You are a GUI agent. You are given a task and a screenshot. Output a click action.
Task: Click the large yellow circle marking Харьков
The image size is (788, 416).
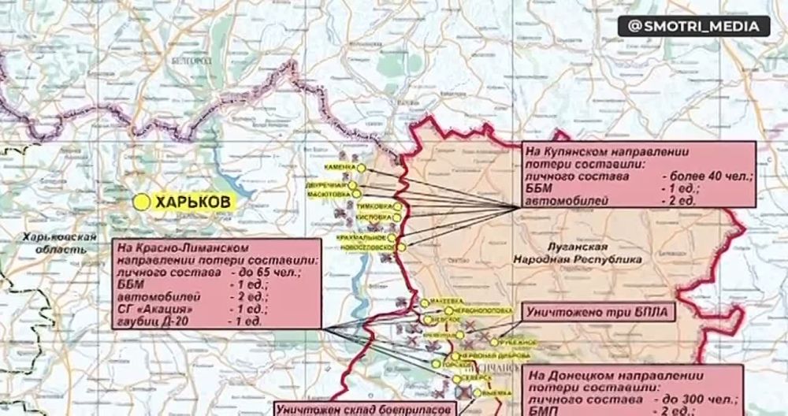pyautogui.click(x=142, y=202)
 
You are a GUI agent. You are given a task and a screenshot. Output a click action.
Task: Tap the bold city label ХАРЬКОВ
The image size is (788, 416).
pyautogui.click(x=194, y=202)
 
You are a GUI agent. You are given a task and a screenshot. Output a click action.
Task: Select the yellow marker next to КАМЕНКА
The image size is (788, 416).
pyautogui.click(x=360, y=168)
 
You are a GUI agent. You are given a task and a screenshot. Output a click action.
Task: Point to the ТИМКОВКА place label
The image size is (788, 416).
pyautogui.click(x=376, y=207)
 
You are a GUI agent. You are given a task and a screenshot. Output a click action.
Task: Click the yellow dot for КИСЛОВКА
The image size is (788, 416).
pyautogui.click(x=398, y=217)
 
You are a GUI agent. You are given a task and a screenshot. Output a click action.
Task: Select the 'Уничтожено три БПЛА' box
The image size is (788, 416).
pyautogui.click(x=597, y=312)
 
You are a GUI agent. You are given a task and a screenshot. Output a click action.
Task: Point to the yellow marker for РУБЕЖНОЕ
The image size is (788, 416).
pyautogui.click(x=494, y=342)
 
